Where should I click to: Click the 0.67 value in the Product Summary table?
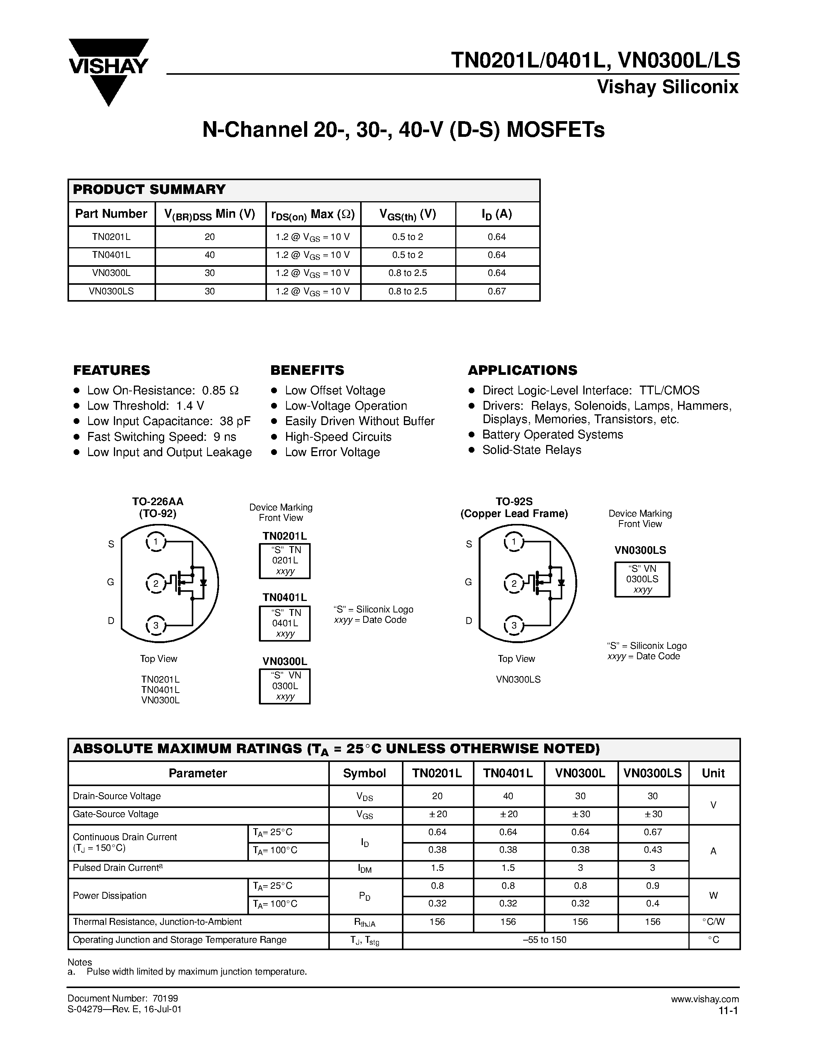pos(496,292)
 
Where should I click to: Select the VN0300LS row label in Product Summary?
pos(111,292)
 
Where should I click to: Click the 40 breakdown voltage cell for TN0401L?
pos(209,255)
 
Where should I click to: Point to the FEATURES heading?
pos(112,370)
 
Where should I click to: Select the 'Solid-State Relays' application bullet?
pos(531,450)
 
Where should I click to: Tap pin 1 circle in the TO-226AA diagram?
pos(155,542)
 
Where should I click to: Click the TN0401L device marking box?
pos(285,623)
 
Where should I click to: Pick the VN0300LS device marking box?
pos(642,579)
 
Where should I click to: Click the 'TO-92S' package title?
pos(514,501)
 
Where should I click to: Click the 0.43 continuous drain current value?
pos(652,850)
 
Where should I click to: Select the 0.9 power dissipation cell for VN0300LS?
pos(652,886)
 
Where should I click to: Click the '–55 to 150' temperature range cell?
pos(545,940)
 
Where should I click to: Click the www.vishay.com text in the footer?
pos(705,999)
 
